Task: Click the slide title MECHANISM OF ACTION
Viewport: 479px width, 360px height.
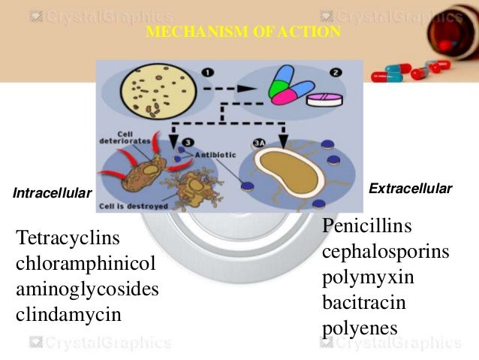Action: click(x=243, y=32)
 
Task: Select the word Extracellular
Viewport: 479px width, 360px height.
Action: click(x=411, y=189)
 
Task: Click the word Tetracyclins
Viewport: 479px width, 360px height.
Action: click(x=68, y=239)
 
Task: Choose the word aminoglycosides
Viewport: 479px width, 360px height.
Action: click(x=86, y=289)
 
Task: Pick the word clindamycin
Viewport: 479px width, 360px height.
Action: click(x=68, y=314)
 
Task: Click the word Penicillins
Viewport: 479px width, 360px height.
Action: click(x=368, y=226)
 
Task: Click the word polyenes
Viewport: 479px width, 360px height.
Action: click(x=359, y=328)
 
